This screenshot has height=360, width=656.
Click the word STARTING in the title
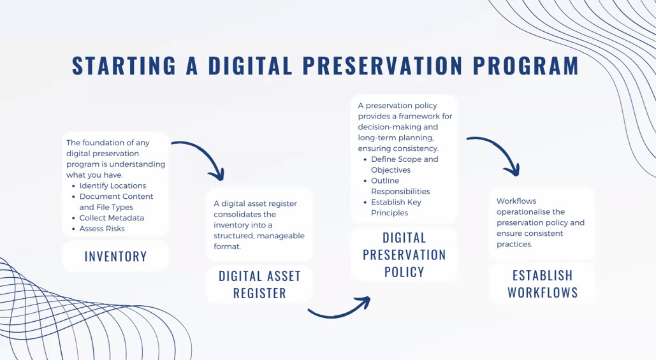pyautogui.click(x=124, y=66)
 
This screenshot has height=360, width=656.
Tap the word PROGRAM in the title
pyautogui.click(x=526, y=66)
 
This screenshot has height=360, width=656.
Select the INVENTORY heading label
pyautogui.click(x=115, y=256)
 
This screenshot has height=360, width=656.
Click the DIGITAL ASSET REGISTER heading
pyautogui.click(x=260, y=284)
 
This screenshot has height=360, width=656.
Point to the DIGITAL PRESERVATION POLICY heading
pyautogui.click(x=404, y=255)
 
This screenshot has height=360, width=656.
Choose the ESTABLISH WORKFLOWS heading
pyautogui.click(x=543, y=284)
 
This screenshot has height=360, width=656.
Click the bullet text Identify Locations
pyautogui.click(x=113, y=185)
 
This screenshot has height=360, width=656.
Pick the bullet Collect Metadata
pyautogui.click(x=112, y=218)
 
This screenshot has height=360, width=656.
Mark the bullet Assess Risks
pyautogui.click(x=102, y=229)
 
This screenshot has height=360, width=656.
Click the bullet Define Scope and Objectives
pyautogui.click(x=405, y=164)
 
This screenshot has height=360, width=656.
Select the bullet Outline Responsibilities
pyautogui.click(x=400, y=186)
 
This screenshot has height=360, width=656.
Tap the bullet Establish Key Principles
pyautogui.click(x=396, y=207)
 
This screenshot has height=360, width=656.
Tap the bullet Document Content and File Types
pyautogui.click(x=116, y=201)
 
